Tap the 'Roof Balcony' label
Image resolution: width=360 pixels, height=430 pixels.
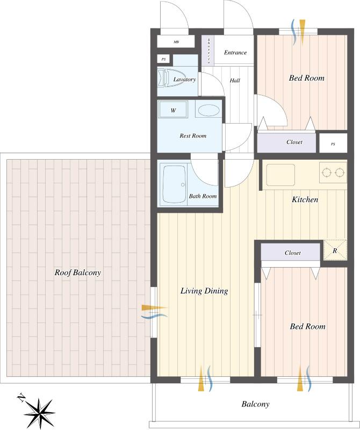click(78, 273)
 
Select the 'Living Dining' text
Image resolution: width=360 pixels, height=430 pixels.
click(204, 291)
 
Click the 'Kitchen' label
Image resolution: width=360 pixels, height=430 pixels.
click(305, 199)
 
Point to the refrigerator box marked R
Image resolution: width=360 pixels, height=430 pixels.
click(335, 250)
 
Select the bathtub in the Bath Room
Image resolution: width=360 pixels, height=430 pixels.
click(173, 184)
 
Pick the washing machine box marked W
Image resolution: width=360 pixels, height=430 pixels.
click(173, 111)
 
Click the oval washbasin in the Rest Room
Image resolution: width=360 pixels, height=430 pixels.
click(208, 111)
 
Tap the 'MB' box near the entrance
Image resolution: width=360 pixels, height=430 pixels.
click(176, 42)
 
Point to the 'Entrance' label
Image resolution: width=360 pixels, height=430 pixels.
click(235, 53)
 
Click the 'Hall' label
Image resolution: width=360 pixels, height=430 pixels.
click(235, 81)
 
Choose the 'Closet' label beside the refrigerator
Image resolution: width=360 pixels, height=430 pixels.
click(292, 253)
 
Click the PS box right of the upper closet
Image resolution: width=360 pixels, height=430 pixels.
click(333, 144)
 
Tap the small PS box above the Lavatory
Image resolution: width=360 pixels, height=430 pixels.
click(163, 59)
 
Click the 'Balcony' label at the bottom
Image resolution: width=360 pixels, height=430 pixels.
click(255, 404)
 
